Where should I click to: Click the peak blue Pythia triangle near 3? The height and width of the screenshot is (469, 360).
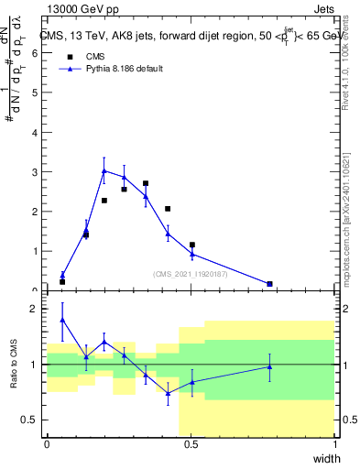(104, 171)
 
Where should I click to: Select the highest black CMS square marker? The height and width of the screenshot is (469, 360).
(146, 183)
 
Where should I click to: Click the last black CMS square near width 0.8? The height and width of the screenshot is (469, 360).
(269, 284)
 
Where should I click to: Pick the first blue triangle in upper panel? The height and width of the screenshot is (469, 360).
(62, 274)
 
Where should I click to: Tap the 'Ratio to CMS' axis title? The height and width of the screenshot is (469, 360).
(15, 365)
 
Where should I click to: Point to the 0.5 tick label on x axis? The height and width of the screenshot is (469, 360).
(191, 444)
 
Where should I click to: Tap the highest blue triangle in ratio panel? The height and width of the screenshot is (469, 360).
(62, 320)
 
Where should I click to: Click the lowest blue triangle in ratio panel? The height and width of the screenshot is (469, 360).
(168, 393)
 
